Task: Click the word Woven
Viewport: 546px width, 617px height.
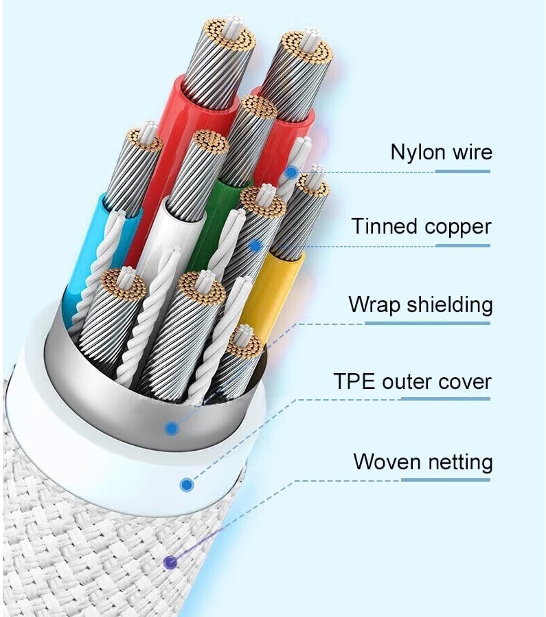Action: pyautogui.click(x=387, y=461)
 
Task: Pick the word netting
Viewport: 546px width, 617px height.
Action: pyautogui.click(x=460, y=462)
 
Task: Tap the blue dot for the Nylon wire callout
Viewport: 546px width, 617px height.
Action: pyautogui.click(x=293, y=172)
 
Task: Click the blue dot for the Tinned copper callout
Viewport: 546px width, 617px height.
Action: pyautogui.click(x=256, y=245)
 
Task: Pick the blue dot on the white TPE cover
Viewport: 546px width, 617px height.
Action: pyautogui.click(x=186, y=484)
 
